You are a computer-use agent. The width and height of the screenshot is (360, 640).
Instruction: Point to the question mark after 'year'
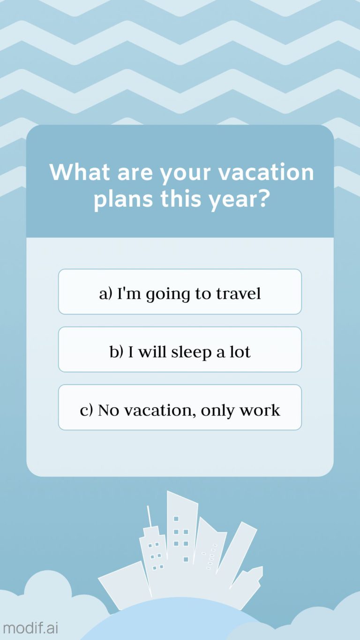tap(263, 199)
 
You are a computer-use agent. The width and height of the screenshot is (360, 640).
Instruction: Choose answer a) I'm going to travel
tap(180, 292)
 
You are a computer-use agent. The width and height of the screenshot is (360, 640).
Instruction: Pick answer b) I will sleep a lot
tap(180, 350)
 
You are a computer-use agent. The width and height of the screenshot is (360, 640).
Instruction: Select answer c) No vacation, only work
tap(180, 407)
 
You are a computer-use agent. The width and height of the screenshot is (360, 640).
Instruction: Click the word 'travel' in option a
tap(238, 294)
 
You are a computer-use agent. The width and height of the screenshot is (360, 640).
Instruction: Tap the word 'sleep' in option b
tap(191, 352)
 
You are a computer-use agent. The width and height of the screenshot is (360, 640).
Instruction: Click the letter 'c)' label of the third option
tap(87, 410)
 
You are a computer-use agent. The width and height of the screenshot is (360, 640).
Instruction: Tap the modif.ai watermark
tap(30, 628)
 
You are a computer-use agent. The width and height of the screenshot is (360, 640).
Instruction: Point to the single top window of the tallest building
tap(176, 519)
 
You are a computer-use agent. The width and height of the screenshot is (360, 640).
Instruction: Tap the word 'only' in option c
tap(218, 410)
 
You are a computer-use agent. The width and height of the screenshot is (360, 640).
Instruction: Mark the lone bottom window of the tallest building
tap(186, 559)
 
